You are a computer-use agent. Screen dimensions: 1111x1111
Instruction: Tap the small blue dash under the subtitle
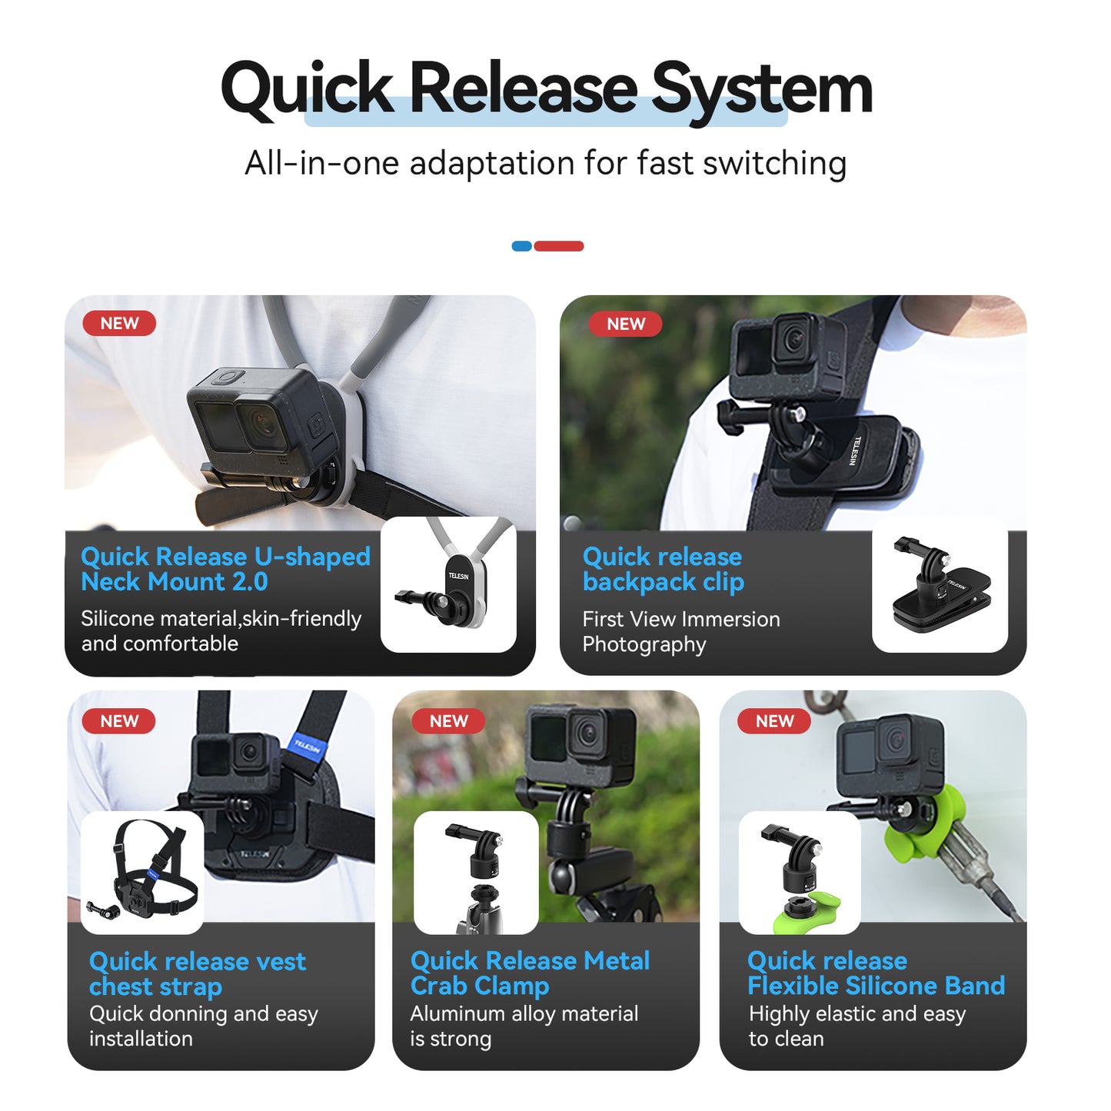click(x=521, y=246)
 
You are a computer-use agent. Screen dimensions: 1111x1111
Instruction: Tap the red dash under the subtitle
click(x=559, y=246)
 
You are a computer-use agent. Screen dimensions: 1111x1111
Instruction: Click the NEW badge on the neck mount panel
click(x=119, y=324)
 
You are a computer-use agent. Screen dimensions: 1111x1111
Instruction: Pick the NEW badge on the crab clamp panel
click(x=448, y=721)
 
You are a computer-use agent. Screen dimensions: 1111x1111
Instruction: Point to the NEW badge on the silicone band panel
click(x=774, y=721)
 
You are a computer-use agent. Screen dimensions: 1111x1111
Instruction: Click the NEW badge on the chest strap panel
click(x=119, y=721)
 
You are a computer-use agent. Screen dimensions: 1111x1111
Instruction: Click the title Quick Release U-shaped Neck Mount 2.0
click(x=225, y=569)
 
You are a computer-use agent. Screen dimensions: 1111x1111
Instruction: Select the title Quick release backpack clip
click(x=663, y=569)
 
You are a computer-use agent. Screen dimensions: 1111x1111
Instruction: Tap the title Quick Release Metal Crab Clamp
click(x=530, y=973)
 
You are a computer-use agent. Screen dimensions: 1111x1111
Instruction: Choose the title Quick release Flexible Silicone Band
click(x=876, y=973)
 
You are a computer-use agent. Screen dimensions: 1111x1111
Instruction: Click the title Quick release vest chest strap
click(x=197, y=973)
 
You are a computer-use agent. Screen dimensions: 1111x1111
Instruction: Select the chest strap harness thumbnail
click(x=143, y=873)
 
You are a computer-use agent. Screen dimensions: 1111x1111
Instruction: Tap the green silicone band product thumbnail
click(x=800, y=873)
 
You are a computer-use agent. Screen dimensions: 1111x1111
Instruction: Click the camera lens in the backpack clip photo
click(x=791, y=338)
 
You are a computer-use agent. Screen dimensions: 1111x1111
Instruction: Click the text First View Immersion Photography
click(x=680, y=631)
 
